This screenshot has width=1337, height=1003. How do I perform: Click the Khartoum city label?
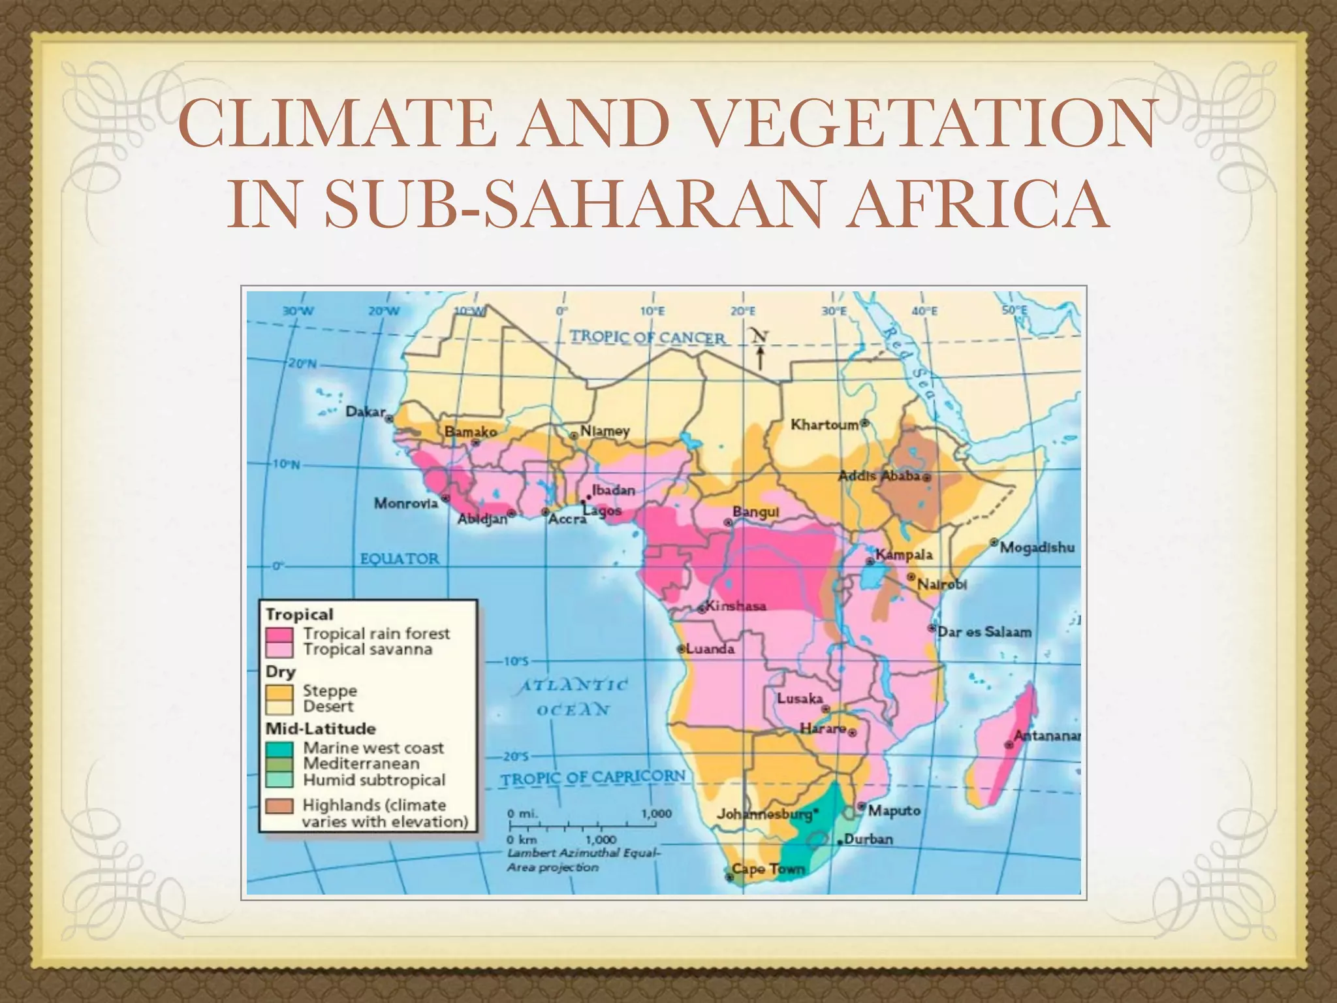pos(825,425)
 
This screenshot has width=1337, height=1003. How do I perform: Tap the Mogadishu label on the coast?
pos(1037,547)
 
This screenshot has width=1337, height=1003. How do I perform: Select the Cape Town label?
pos(768,869)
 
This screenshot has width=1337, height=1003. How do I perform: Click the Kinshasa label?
pos(736,606)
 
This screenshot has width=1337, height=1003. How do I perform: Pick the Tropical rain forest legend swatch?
pos(279,634)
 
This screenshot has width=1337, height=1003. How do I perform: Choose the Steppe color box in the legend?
pos(279,691)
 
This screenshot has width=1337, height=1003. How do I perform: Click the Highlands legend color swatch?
pos(279,806)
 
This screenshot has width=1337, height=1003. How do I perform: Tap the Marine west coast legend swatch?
pos(279,748)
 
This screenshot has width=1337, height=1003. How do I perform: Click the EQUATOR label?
pos(400,559)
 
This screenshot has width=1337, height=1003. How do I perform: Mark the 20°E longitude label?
pos(743,311)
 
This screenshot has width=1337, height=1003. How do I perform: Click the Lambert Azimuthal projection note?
pos(584,860)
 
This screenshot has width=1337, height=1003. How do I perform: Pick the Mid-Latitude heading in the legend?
pos(320,729)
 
